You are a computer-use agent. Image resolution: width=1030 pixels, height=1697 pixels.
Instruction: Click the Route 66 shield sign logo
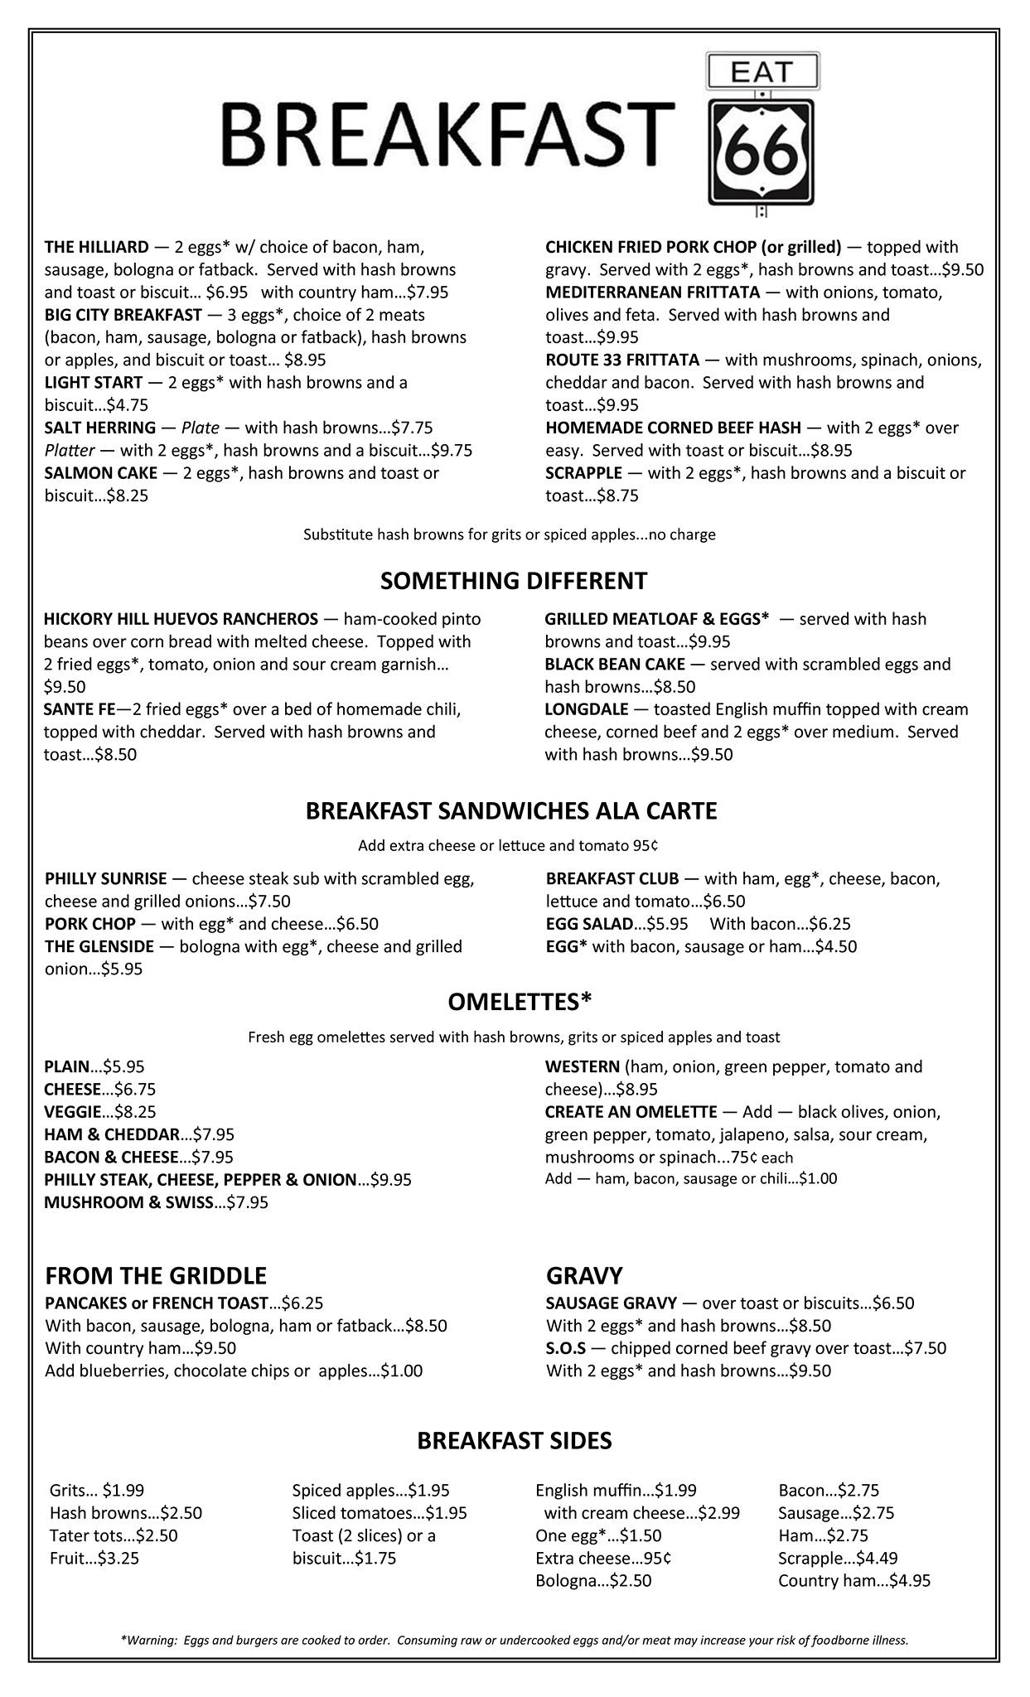761,152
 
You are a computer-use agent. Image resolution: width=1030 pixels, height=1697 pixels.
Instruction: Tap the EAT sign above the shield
762,72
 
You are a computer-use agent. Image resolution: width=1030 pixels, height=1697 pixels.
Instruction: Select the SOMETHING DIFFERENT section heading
514,581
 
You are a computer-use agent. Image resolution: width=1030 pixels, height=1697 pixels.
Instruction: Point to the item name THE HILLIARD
97,247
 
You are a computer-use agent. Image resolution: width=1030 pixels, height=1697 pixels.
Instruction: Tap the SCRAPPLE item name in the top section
583,473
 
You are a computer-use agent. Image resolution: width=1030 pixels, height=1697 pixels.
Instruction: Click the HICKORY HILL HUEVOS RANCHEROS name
181,619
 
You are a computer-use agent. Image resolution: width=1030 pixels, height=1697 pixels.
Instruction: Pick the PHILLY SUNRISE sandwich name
106,878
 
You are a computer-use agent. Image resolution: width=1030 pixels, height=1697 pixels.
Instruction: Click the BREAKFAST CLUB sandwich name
612,878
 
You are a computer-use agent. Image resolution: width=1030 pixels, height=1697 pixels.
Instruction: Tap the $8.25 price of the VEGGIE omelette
135,1112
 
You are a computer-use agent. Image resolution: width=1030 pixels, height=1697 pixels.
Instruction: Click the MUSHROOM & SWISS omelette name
129,1202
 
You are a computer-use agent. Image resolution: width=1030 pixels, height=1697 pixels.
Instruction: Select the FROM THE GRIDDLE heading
156,1275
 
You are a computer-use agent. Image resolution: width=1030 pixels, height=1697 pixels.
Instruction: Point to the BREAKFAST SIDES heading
514,1441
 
